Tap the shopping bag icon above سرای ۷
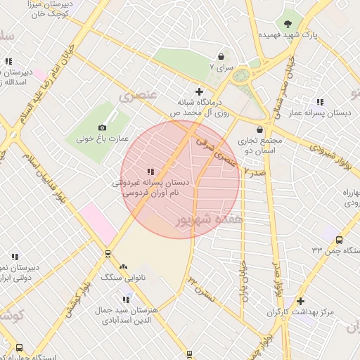click(x=221, y=56)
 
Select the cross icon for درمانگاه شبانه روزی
click(x=200, y=91)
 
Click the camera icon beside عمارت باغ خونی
click(x=103, y=127)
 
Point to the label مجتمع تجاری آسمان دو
click(x=260, y=146)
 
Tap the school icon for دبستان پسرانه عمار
click(x=321, y=102)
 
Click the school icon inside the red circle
click(x=150, y=172)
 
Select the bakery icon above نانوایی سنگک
click(x=124, y=266)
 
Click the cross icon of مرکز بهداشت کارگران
click(x=301, y=301)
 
